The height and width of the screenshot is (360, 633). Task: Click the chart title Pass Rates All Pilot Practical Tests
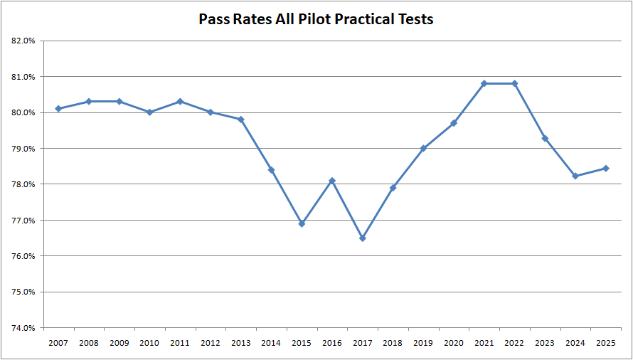[x=316, y=19]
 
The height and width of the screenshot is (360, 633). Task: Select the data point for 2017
[x=363, y=238]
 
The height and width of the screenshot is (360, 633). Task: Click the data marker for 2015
[x=302, y=223]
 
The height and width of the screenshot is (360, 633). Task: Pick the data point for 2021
[x=484, y=83]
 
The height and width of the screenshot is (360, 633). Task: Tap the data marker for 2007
[x=58, y=109]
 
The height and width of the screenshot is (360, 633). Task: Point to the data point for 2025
[x=605, y=169]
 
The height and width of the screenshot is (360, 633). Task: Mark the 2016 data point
[x=332, y=181]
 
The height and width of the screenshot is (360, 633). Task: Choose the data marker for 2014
[x=271, y=169]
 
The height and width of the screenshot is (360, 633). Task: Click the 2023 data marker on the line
[x=545, y=138]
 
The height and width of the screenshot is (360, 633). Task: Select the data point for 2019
[x=423, y=148]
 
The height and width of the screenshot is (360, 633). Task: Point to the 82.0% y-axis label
[x=24, y=41]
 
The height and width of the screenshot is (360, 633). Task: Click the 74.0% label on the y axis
[x=24, y=328]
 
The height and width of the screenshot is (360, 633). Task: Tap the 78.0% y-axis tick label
[x=24, y=184]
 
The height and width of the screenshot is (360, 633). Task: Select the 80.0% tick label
[x=24, y=112]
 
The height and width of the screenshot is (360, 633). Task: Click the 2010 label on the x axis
[x=149, y=343]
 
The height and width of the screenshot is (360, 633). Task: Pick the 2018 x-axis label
[x=393, y=343]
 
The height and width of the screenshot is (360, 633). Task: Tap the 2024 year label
[x=575, y=343]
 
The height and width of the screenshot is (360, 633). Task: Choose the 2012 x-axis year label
[x=210, y=343]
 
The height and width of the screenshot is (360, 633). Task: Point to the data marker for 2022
[x=514, y=83]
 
